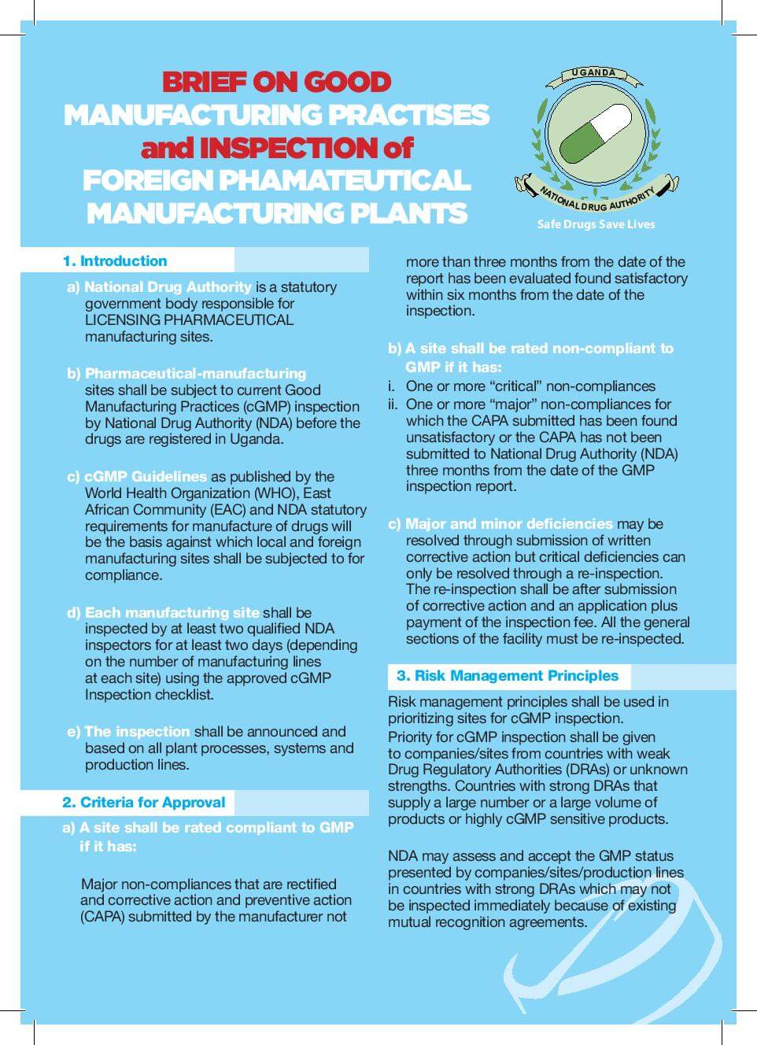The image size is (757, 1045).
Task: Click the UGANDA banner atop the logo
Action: (594, 72)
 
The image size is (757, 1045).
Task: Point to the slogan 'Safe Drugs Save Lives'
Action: (596, 224)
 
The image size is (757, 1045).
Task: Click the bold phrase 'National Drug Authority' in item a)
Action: (168, 286)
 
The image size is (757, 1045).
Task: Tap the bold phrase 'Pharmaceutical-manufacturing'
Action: (195, 373)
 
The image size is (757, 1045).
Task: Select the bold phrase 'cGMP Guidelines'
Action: (146, 476)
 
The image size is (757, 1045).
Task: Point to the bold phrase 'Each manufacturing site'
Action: (172, 612)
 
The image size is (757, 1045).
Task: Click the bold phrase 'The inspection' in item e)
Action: (137, 731)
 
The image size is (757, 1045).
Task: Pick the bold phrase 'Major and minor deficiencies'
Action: (508, 523)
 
